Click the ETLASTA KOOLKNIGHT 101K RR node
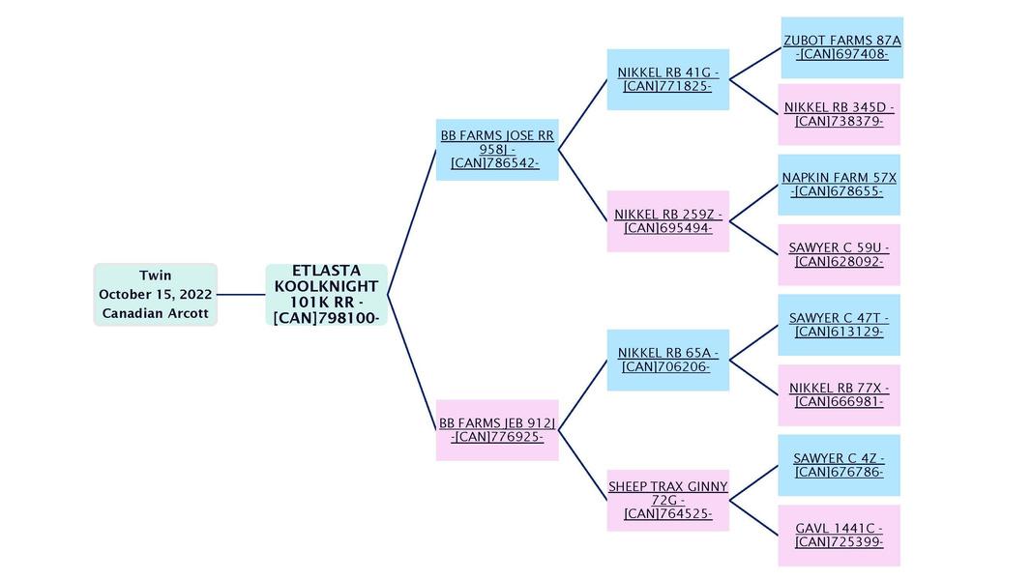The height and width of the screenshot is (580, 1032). [326, 294]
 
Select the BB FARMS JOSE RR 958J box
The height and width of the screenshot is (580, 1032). [497, 150]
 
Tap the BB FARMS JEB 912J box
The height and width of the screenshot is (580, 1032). [497, 430]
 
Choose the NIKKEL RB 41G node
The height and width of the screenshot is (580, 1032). [667, 79]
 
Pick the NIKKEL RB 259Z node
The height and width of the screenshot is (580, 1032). [667, 221]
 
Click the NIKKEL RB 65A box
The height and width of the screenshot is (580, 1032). [667, 360]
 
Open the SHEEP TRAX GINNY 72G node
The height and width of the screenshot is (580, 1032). [667, 500]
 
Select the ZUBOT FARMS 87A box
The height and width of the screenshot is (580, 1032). [841, 47]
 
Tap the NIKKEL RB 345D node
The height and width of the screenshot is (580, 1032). [839, 114]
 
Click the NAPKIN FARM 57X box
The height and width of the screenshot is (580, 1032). [839, 185]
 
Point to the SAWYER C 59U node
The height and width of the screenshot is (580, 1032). [839, 254]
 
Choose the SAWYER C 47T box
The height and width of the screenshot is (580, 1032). [839, 325]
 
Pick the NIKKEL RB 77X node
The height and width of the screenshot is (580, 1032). [839, 394]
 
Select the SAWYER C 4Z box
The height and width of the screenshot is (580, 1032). [839, 465]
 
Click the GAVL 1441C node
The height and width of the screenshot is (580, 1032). [839, 535]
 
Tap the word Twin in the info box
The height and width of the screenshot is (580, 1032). [155, 275]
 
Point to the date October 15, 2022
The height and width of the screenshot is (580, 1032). [155, 294]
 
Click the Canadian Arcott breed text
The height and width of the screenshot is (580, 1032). [155, 313]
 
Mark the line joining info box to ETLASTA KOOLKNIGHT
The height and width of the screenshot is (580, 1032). [241, 294]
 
